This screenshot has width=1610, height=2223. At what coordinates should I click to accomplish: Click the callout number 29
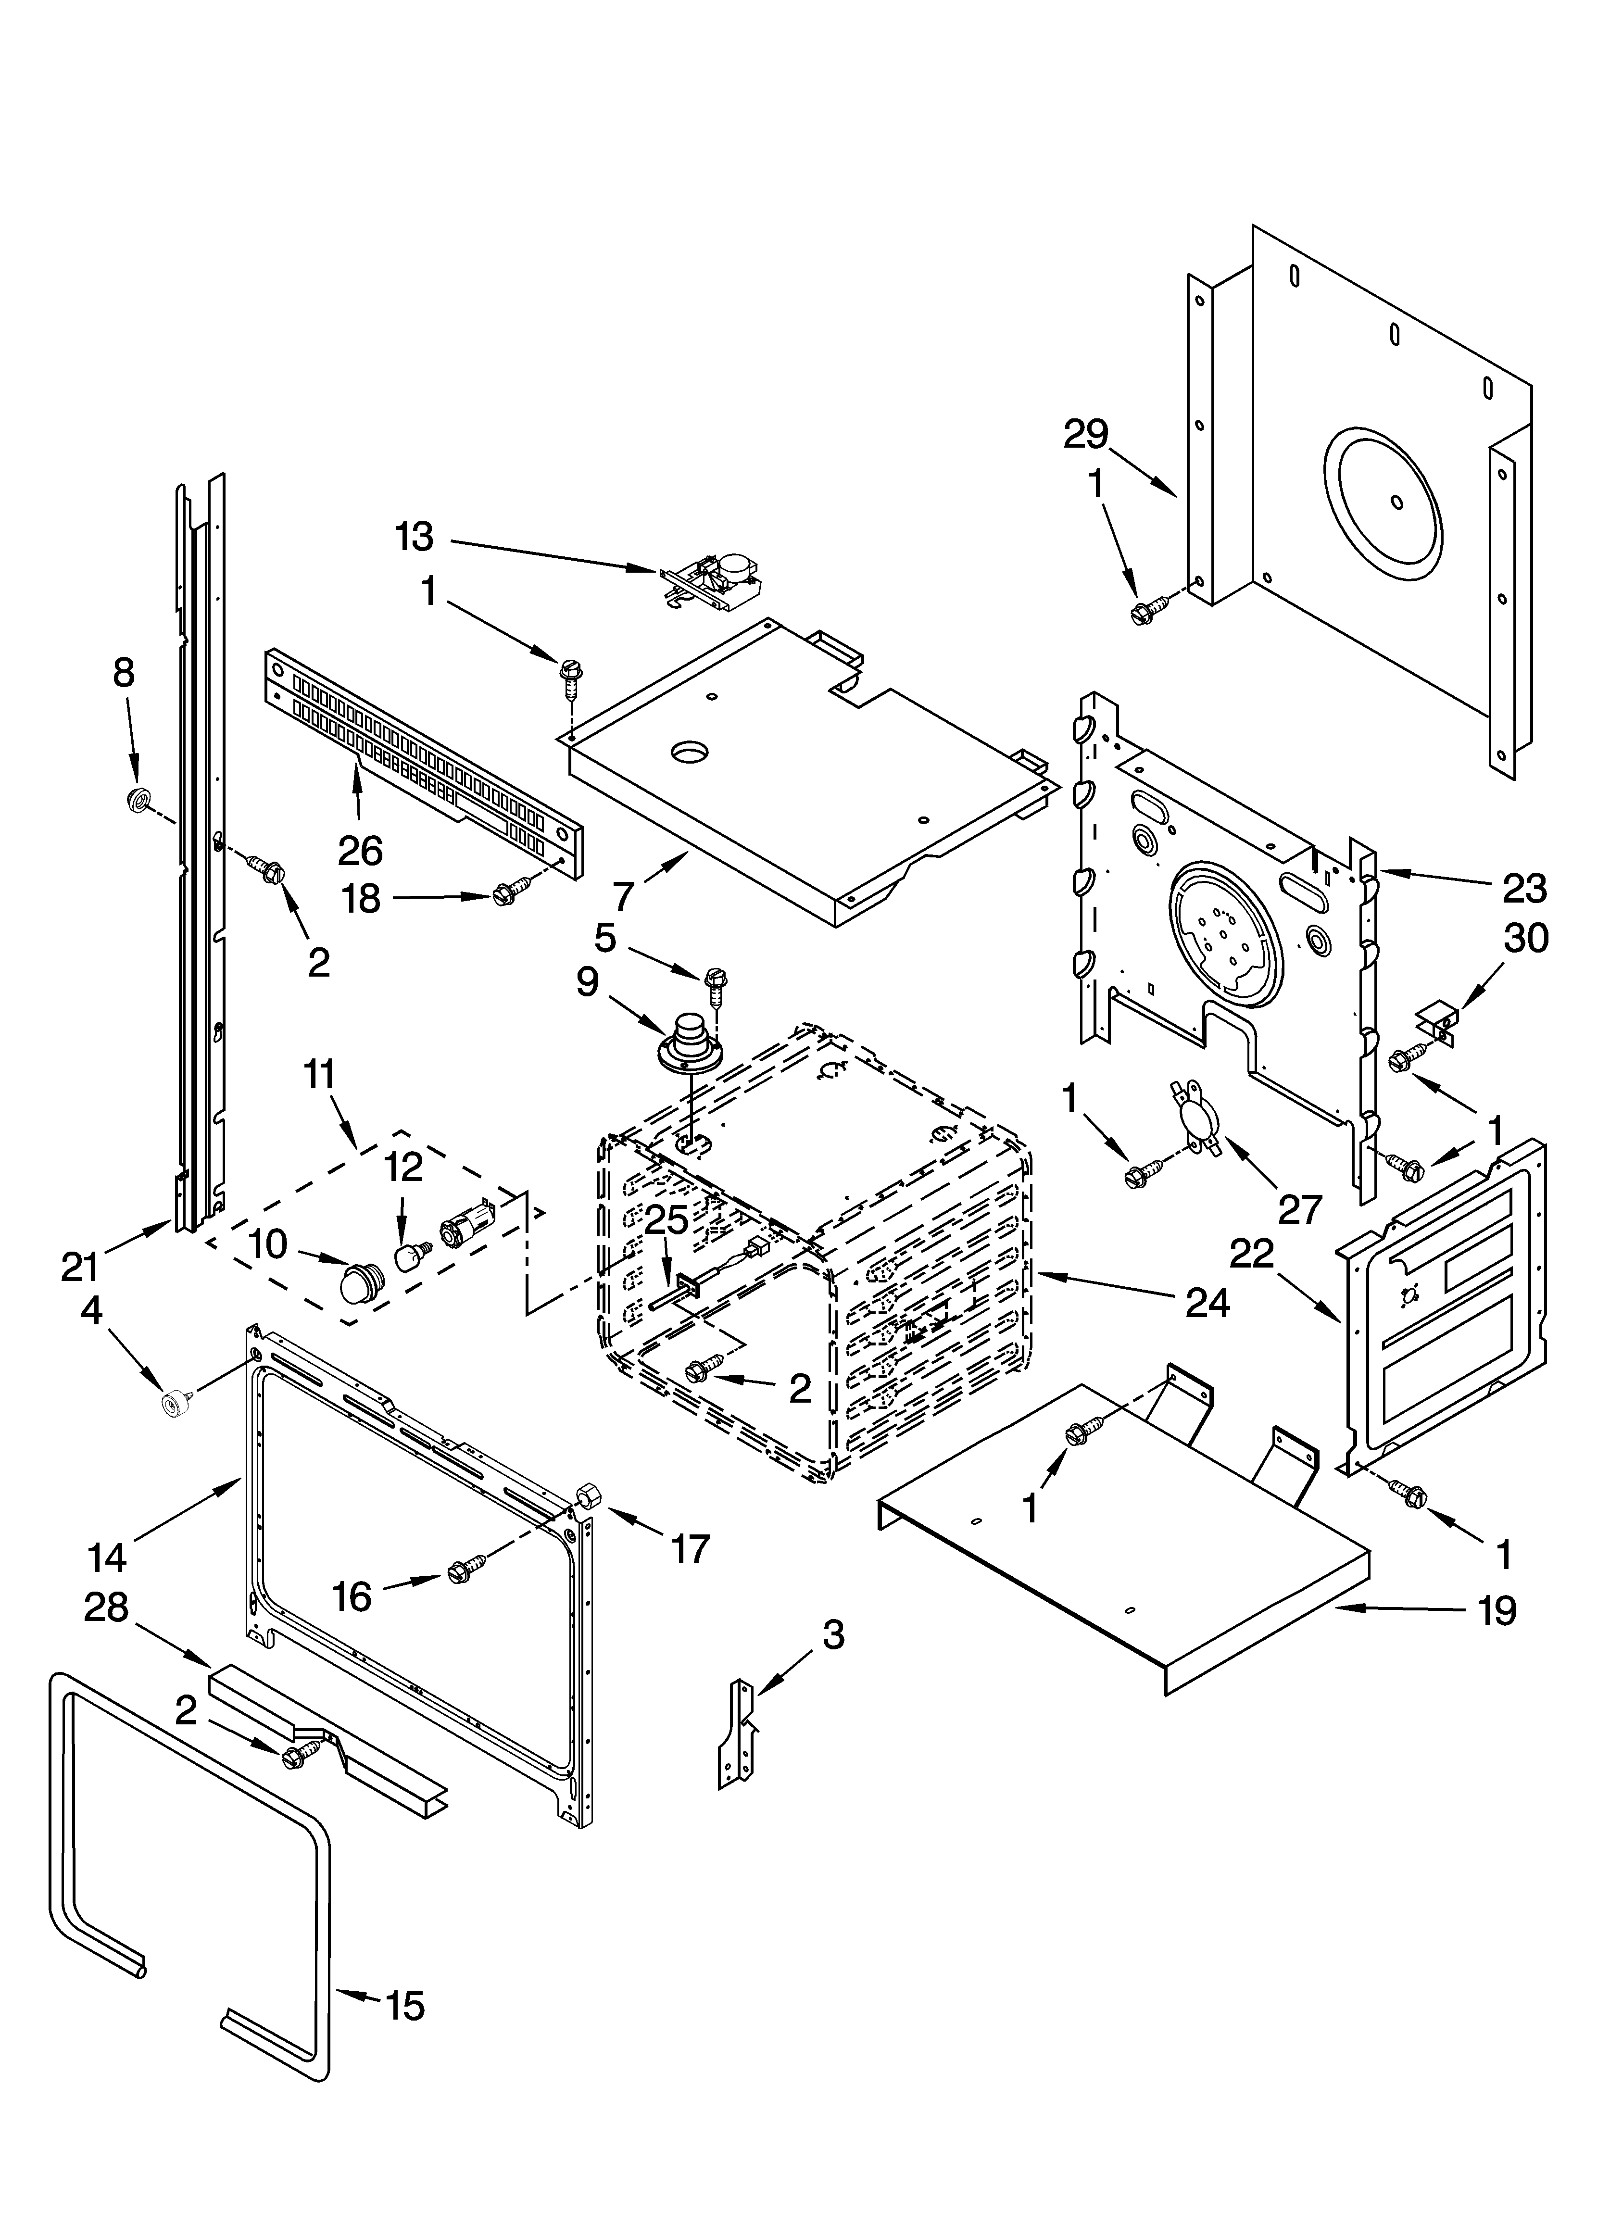tap(1085, 434)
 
